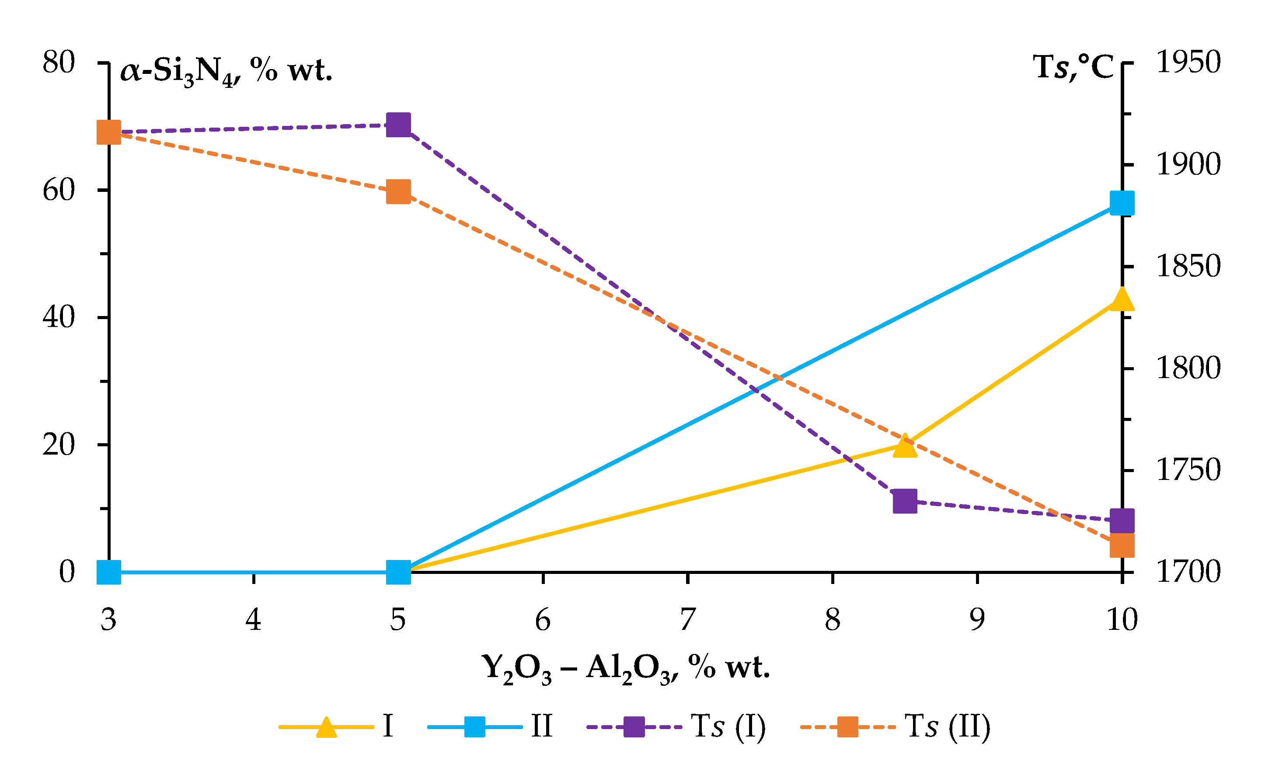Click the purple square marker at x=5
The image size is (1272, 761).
(398, 125)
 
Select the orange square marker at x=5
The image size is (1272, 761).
(398, 192)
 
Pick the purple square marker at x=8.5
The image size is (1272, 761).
(905, 501)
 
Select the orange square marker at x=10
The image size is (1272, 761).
(1122, 546)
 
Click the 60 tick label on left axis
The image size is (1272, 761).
(59, 190)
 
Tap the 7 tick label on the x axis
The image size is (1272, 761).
(687, 619)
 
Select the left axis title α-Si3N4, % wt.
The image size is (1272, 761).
(226, 71)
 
